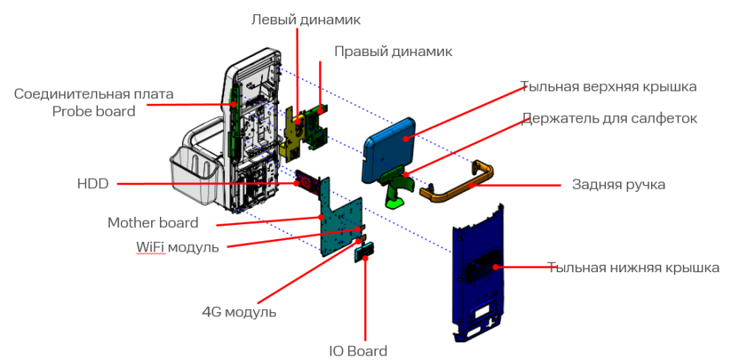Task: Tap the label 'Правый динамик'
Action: (x=393, y=52)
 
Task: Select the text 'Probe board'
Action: (x=94, y=111)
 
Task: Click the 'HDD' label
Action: (x=92, y=184)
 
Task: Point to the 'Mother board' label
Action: (x=153, y=223)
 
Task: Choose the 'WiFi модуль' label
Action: (x=177, y=247)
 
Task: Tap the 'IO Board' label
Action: (x=358, y=351)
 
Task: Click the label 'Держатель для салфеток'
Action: (x=609, y=118)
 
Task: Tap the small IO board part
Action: (x=365, y=252)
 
